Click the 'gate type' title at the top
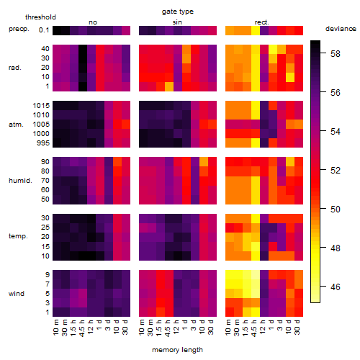(178, 12)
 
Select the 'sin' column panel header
(177, 22)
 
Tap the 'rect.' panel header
(262, 22)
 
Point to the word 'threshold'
(40, 17)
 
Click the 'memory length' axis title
(177, 350)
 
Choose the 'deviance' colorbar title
(341, 29)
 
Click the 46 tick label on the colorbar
(336, 287)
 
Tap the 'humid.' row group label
(20, 181)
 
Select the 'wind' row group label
(17, 294)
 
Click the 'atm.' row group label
(16, 125)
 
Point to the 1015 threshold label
(41, 106)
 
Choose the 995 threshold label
(43, 143)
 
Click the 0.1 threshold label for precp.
(44, 30)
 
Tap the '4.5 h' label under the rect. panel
(254, 328)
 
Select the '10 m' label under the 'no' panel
(56, 328)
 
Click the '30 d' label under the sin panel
(211, 328)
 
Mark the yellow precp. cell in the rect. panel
(256, 30)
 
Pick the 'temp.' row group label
(18, 236)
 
